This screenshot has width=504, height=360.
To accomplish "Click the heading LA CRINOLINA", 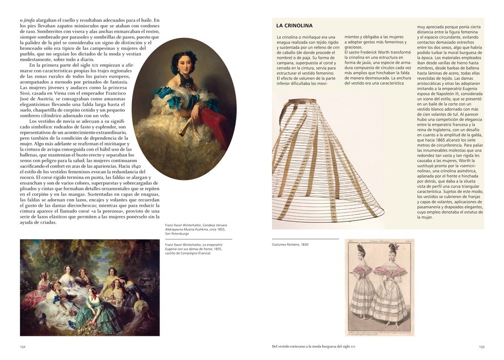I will pyautogui.click(x=294, y=25).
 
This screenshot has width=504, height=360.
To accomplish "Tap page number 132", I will pyautogui.click(x=23, y=347).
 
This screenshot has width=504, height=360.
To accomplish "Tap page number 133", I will pyautogui.click(x=481, y=347).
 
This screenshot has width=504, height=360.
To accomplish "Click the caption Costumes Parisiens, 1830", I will pyautogui.click(x=290, y=244).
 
